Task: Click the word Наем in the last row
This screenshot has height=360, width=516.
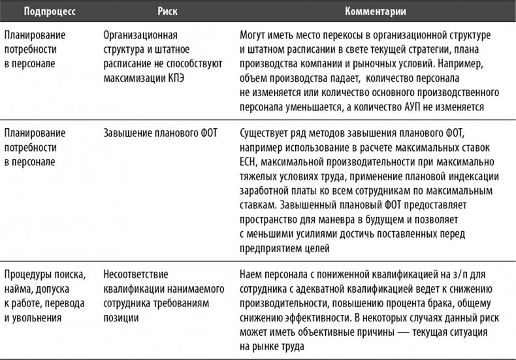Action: (251, 275)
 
